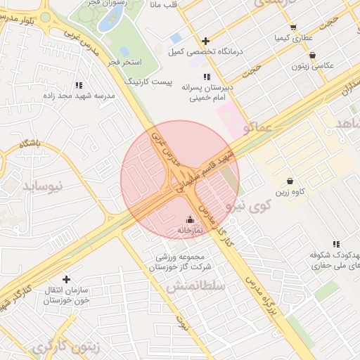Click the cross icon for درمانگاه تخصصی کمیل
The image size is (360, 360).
click(205, 41)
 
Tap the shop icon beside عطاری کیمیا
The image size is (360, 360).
click(293, 27)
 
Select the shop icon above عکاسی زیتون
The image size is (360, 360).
click(312, 55)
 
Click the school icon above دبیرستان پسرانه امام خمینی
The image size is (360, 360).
click(206, 77)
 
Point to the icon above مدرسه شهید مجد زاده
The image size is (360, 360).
click(87, 85)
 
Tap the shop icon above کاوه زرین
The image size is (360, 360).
click(290, 181)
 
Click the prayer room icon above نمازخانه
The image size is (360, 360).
click(188, 219)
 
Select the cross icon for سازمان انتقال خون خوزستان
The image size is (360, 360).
click(66, 279)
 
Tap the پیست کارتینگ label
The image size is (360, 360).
click(148, 82)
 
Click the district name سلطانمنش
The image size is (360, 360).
click(195, 287)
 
